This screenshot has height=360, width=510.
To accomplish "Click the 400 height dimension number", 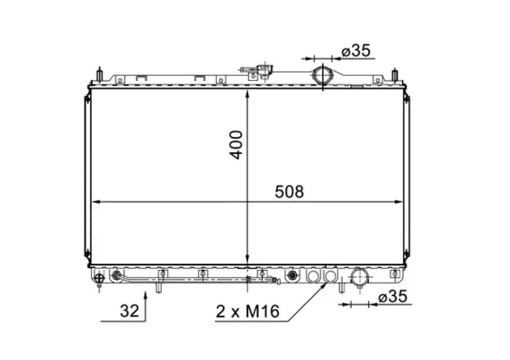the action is click(x=237, y=145).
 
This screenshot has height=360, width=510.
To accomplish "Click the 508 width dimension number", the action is click(x=289, y=192).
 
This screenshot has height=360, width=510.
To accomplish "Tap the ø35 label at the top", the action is click(x=356, y=50).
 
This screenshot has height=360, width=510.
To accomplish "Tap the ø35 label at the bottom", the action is click(x=392, y=296).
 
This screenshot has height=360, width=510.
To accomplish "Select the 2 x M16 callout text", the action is click(x=247, y=311).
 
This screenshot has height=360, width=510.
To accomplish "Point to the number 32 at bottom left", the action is click(x=130, y=310).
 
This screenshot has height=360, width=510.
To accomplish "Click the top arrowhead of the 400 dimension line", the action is click(x=247, y=94).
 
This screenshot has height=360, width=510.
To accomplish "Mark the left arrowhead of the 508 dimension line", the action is click(x=97, y=202).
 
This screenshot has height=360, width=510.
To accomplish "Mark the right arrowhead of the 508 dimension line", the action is click(x=398, y=202).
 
